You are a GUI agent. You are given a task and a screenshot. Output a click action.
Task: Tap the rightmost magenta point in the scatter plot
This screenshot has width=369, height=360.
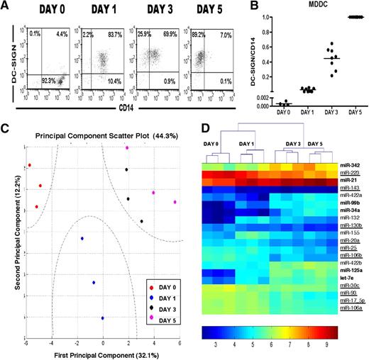tap(175, 202)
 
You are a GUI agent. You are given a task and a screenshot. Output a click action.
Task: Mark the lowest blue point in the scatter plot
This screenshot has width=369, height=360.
tap(103, 318)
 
